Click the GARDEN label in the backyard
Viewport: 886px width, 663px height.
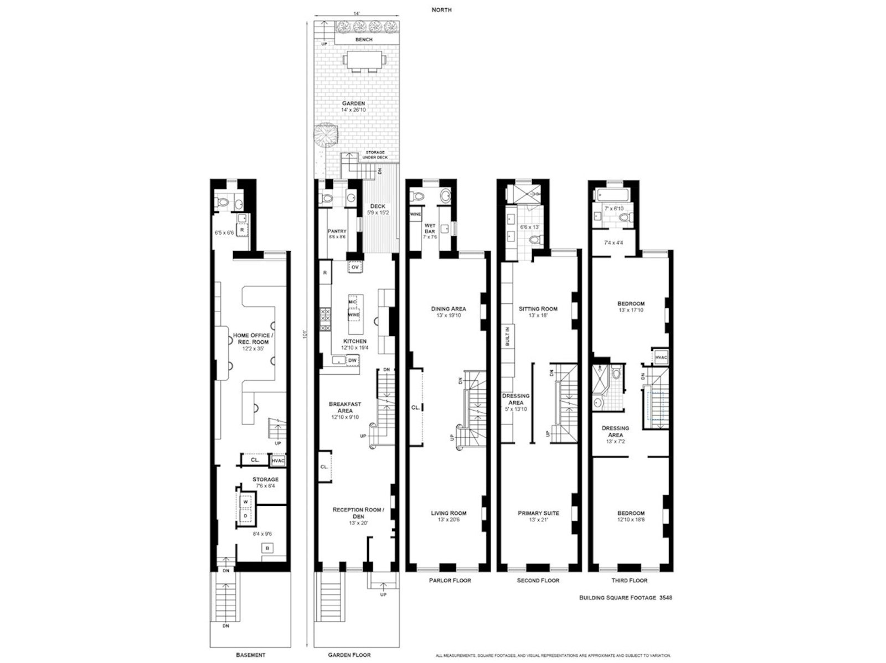[x=353, y=103]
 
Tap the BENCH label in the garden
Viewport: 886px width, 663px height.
[x=364, y=40]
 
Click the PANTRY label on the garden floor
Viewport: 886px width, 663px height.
[x=337, y=231]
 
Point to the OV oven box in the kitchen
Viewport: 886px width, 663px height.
[x=355, y=267]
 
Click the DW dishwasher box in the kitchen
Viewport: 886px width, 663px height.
[x=352, y=360]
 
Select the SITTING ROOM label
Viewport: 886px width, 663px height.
[x=538, y=309]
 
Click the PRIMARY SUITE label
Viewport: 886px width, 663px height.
[x=538, y=513]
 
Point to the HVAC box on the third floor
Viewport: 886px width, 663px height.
[x=661, y=358]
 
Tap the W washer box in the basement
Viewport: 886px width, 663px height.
[x=245, y=502]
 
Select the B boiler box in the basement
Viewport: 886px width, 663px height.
[x=267, y=548]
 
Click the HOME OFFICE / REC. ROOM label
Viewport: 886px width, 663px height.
[x=251, y=338]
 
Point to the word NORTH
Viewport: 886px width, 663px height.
[x=441, y=10]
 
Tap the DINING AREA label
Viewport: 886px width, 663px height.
[x=449, y=309]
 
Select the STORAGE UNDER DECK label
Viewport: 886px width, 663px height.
[x=375, y=155]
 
